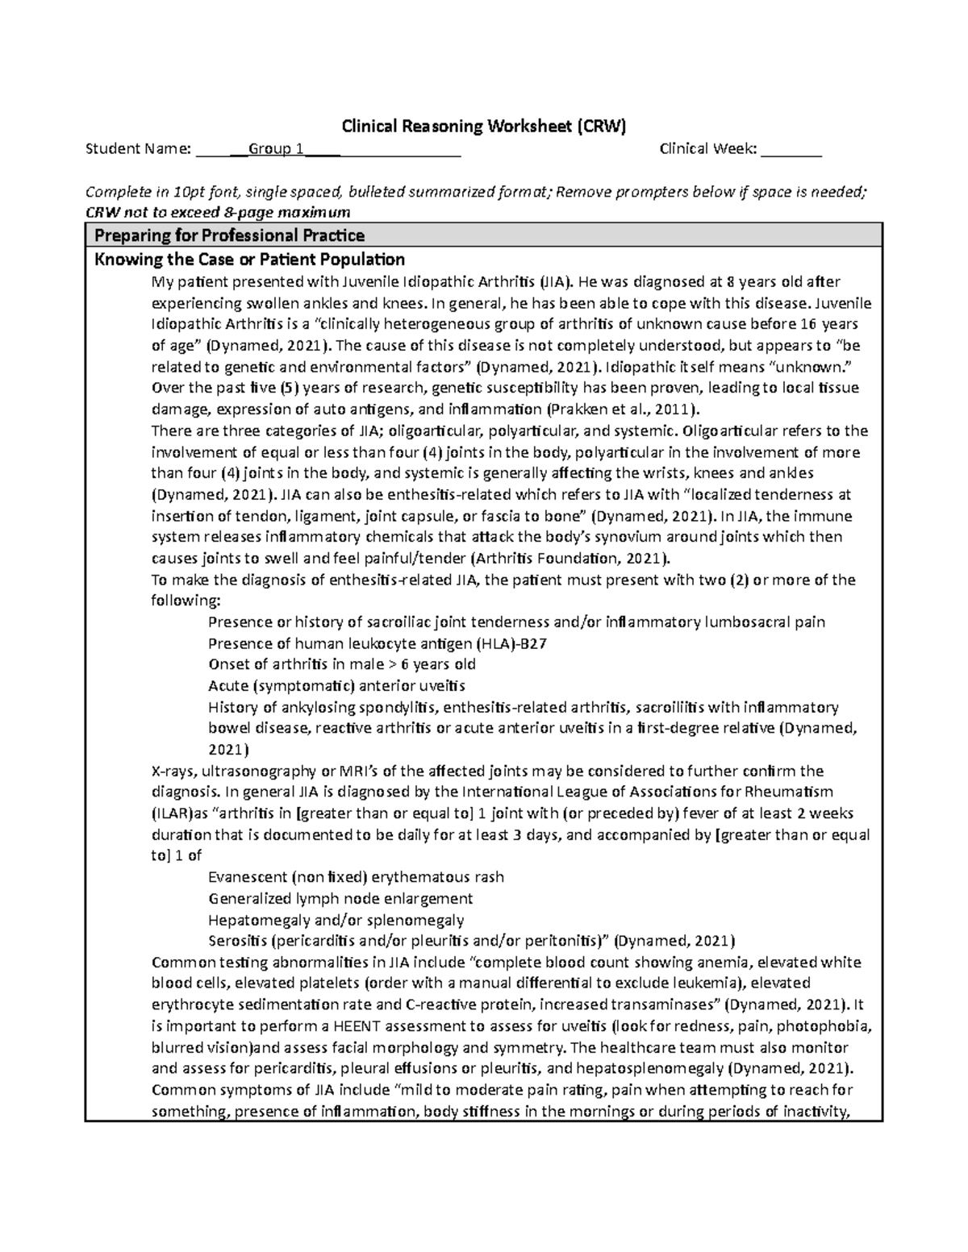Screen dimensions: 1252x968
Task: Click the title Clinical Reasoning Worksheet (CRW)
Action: click(484, 126)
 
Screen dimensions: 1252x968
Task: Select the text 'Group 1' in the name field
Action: click(276, 148)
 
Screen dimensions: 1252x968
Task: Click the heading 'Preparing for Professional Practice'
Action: click(230, 235)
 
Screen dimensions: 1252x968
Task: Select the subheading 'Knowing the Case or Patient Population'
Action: click(250, 260)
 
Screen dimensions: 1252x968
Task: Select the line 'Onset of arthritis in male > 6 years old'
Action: click(342, 664)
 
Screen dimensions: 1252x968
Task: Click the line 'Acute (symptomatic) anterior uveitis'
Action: click(336, 686)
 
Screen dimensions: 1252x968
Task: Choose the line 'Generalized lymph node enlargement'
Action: click(340, 898)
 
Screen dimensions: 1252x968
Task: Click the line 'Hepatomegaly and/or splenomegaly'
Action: click(336, 920)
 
